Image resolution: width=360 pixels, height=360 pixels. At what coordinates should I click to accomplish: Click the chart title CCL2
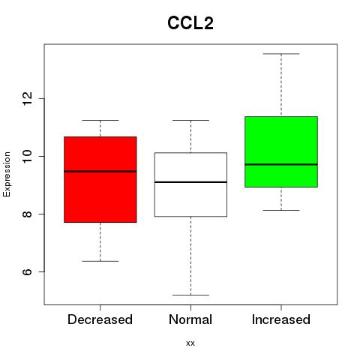[x=190, y=23]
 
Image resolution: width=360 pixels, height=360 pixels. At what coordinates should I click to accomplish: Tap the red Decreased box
[x=100, y=179]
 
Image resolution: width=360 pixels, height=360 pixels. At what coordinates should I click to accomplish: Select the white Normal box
[x=190, y=184]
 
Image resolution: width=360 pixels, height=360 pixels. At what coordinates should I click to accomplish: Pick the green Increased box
[x=281, y=151]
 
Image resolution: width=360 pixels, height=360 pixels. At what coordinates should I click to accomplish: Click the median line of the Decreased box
[x=100, y=172]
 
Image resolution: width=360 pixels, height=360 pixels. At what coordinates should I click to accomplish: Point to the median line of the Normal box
[x=190, y=182]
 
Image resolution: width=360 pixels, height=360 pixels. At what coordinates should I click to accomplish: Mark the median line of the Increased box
[x=281, y=164]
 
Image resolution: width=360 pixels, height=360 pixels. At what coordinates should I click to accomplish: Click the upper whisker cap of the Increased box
[x=281, y=54]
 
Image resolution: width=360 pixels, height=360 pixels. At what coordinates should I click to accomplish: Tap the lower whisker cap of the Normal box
[x=190, y=295]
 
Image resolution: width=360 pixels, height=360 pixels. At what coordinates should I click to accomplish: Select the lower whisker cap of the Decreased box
[x=100, y=261]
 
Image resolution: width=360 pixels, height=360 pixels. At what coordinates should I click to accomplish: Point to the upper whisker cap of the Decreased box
[x=100, y=120]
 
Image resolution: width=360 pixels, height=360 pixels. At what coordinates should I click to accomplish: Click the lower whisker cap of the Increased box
[x=281, y=210]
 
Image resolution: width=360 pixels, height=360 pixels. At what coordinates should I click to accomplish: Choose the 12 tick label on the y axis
[x=28, y=98]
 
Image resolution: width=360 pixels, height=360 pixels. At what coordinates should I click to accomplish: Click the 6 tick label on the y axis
[x=28, y=271]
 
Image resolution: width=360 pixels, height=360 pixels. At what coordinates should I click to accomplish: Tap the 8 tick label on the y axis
[x=28, y=214]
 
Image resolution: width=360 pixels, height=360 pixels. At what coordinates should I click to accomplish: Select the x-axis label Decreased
[x=100, y=319]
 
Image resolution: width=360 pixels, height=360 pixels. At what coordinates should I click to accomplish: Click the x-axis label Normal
[x=190, y=319]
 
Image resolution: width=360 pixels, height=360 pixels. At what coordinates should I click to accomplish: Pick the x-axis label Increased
[x=281, y=319]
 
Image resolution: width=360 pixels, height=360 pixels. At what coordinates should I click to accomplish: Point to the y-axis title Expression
[x=7, y=174]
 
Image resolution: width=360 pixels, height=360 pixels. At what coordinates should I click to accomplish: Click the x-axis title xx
[x=190, y=343]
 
